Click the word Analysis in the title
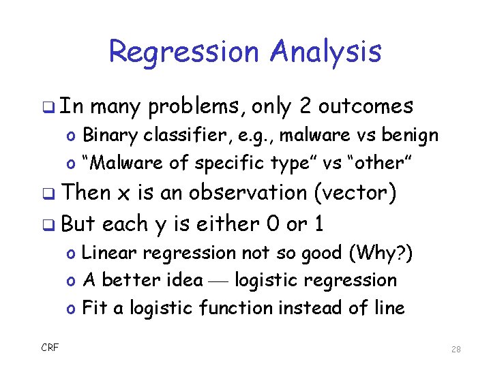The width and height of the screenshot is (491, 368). [326, 52]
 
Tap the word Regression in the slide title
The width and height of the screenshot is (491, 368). [185, 52]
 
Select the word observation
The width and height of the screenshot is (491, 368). [248, 193]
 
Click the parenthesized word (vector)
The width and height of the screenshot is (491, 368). [354, 193]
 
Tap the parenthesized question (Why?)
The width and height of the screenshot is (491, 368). [380, 252]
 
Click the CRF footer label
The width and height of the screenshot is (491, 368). [50, 348]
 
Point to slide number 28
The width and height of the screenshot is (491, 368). [456, 349]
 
